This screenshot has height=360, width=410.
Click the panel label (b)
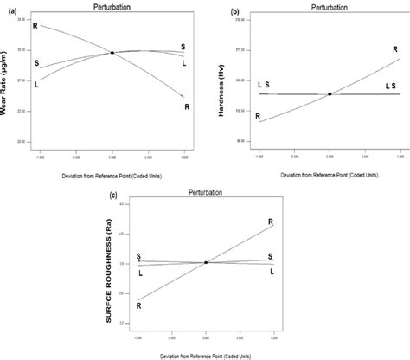[x=234, y=11]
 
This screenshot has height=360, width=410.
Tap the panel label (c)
[x=115, y=196]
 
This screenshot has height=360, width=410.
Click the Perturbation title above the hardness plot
[x=330, y=7]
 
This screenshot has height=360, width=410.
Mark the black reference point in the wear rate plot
[x=112, y=53]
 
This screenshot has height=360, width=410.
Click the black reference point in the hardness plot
[x=330, y=93]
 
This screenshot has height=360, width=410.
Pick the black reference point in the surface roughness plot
[x=205, y=262]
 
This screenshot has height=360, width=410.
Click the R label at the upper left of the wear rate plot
[x=35, y=26]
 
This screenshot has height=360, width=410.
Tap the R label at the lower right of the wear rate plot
[x=187, y=106]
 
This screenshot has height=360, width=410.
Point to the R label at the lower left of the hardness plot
[x=258, y=115]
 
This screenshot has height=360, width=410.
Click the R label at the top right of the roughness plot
[x=271, y=222]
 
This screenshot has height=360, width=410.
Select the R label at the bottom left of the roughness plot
[x=138, y=305]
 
